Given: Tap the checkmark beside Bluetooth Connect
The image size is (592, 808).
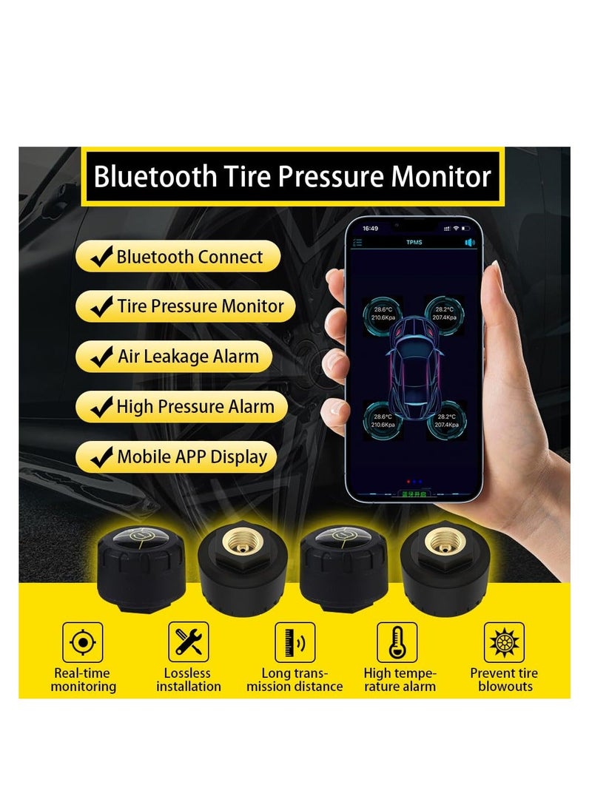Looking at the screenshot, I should [x=101, y=257].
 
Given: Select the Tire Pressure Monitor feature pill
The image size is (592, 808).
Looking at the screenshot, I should [x=184, y=306].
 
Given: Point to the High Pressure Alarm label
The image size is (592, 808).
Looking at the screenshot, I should [x=195, y=406].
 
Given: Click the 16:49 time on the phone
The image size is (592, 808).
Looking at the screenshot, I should [x=371, y=229].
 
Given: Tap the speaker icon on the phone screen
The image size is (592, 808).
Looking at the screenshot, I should [x=469, y=242].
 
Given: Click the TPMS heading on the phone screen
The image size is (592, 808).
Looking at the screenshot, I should [x=414, y=242].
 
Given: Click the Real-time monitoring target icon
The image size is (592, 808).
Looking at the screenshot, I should [x=83, y=642].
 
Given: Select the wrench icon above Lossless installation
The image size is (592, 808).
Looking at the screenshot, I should [x=189, y=642].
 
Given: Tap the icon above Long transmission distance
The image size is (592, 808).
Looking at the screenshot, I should [x=295, y=642].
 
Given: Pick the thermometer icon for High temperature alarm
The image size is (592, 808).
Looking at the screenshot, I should [x=397, y=642].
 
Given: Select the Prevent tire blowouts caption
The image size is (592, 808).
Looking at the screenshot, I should [x=504, y=680].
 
